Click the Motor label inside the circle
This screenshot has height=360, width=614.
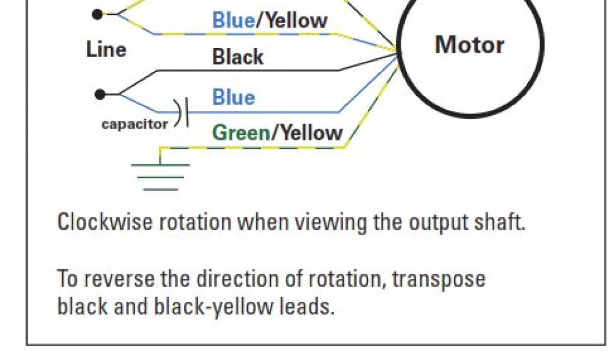point(469,45)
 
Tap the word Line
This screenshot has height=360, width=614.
point(106,49)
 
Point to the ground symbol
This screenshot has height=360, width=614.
point(160,174)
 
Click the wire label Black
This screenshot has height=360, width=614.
point(237,58)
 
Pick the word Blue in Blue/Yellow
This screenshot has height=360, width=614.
point(233,21)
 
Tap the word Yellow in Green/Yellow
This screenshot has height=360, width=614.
point(308,133)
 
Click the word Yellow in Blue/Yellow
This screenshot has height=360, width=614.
point(296,21)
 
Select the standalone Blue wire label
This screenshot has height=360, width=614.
point(233,97)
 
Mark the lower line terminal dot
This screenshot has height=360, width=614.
point(100,94)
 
